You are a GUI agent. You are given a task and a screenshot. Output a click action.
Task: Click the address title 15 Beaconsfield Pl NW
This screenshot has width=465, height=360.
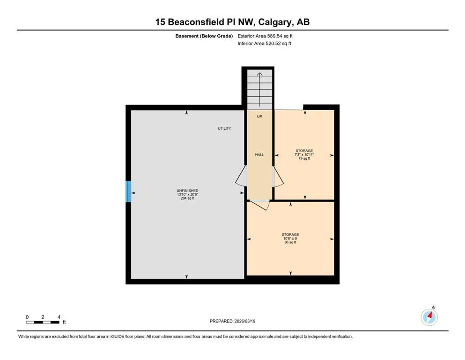[x=205, y=22]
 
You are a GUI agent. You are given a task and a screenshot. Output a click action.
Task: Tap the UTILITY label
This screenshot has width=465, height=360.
[x=224, y=128]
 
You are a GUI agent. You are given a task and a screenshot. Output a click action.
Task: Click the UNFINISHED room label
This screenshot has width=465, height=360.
[x=187, y=190]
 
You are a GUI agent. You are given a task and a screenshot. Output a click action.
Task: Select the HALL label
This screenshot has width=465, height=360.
[x=259, y=155]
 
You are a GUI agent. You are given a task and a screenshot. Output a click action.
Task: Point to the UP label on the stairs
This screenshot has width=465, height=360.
[x=259, y=117]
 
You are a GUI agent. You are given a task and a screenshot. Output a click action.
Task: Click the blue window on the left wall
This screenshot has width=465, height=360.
[x=128, y=191]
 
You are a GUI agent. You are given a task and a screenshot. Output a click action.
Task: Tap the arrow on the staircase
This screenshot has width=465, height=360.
[x=260, y=90]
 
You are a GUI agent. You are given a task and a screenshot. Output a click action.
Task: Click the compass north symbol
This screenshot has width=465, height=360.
[x=429, y=317]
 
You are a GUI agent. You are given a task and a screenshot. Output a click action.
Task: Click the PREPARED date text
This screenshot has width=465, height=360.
[x=232, y=321]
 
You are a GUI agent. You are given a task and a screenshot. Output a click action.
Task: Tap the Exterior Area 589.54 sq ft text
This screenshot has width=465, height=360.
[x=265, y=36]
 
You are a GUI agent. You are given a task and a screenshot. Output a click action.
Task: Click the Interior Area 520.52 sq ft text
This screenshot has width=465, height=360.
[x=264, y=44]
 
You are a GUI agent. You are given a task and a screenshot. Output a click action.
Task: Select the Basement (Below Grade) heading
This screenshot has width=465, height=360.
[x=204, y=36]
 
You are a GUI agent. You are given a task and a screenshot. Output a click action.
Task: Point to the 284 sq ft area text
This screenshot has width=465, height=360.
[x=187, y=198]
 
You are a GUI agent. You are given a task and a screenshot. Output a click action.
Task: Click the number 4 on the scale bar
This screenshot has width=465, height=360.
[x=59, y=317]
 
